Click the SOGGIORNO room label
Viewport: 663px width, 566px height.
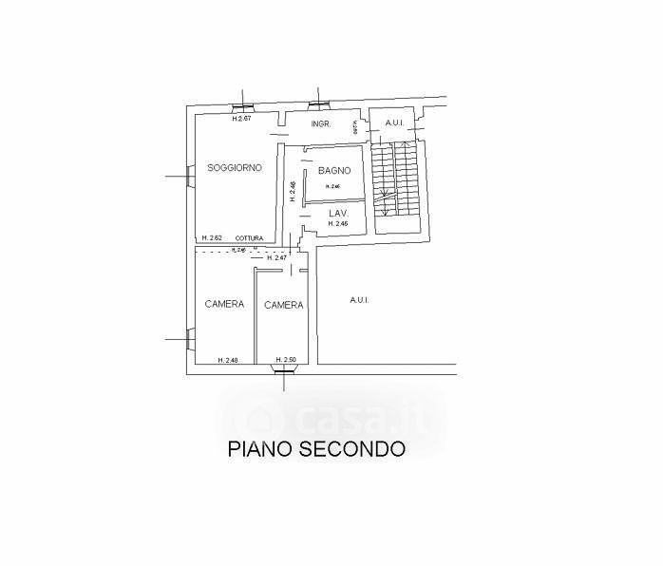click(235, 168)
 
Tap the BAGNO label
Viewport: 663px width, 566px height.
click(334, 171)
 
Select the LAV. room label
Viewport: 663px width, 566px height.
click(339, 214)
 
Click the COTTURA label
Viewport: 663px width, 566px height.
click(249, 238)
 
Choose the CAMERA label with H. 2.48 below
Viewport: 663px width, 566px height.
click(224, 305)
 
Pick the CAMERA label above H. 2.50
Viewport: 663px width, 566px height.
click(283, 306)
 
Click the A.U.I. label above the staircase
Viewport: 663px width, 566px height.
click(392, 123)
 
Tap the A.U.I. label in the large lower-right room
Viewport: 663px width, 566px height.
click(359, 300)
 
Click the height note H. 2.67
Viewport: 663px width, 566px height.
click(241, 119)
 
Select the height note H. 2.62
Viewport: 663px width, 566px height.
click(212, 238)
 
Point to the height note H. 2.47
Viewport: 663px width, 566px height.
click(277, 258)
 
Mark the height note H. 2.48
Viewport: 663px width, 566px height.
click(227, 360)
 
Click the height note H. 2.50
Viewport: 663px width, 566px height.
click(285, 360)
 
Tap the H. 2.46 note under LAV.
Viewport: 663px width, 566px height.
click(339, 224)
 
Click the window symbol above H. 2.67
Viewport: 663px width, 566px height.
click(243, 105)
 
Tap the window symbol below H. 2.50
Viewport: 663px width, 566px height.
click(284, 372)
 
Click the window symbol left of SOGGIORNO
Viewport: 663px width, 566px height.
click(189, 177)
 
